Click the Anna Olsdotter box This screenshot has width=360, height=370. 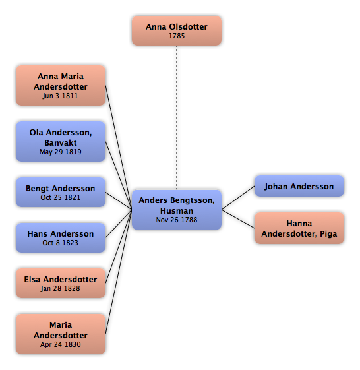177,31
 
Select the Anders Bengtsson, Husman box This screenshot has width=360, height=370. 177,210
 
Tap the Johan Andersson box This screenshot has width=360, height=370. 299,186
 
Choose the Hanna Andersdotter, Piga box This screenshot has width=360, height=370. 299,228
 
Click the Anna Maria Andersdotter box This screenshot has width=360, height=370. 61,86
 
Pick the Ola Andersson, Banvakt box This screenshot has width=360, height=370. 61,142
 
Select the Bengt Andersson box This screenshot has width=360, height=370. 61,193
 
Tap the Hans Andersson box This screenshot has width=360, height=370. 61,238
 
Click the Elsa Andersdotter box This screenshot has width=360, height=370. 61,283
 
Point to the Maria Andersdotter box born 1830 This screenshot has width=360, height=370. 61,334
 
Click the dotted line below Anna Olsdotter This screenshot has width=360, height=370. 177,117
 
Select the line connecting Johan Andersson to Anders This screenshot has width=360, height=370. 238,198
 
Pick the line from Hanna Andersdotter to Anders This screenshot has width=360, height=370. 238,219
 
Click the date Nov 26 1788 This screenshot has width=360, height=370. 177,220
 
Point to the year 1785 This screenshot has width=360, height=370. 177,36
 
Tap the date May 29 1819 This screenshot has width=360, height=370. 61,152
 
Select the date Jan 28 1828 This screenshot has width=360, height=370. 61,288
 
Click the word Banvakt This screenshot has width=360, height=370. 61,142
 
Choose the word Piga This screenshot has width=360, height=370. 328,234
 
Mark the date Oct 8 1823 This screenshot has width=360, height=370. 61,243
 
